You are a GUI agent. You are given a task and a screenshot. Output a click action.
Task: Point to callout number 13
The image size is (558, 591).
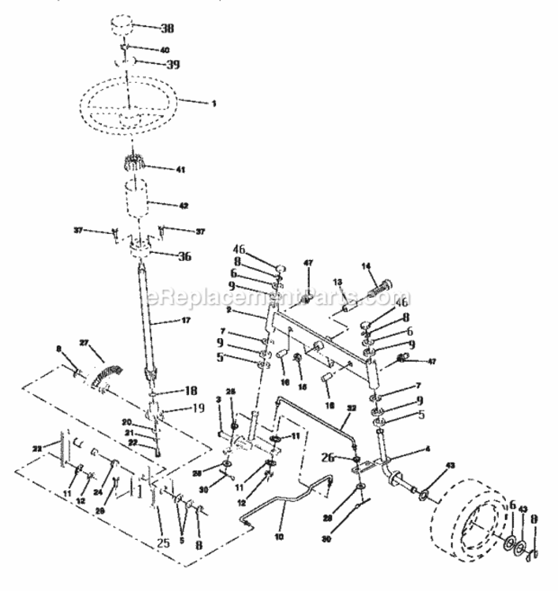coord(335,281)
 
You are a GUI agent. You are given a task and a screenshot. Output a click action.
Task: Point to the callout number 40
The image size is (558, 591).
coord(164,50)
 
